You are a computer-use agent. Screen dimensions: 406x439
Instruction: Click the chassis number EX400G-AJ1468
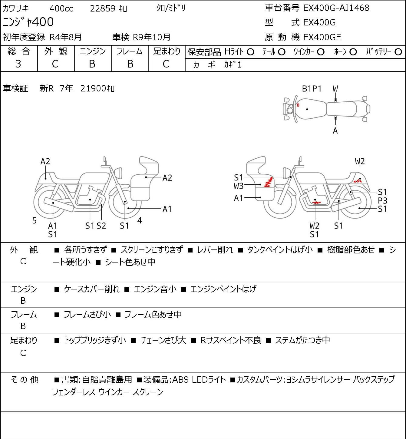click(x=336, y=8)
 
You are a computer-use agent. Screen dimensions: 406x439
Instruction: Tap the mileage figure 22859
click(x=103, y=8)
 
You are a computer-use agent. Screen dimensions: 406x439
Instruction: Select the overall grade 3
click(x=18, y=64)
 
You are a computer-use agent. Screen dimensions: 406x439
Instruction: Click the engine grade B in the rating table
click(x=92, y=64)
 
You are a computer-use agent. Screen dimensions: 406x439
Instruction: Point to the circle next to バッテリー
click(x=398, y=52)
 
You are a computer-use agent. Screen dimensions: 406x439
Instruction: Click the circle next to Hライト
click(x=250, y=52)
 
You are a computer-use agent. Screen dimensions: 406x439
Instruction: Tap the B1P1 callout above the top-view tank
click(x=312, y=89)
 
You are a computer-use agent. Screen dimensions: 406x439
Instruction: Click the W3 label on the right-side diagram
click(x=239, y=186)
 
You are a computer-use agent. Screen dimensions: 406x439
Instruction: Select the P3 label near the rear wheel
click(x=382, y=201)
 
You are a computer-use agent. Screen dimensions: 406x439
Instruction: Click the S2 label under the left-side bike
click(x=101, y=226)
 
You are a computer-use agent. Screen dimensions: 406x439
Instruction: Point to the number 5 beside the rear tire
click(x=34, y=221)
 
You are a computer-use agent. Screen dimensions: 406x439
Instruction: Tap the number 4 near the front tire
click(x=140, y=220)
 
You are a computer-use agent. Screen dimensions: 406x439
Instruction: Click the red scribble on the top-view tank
click(x=298, y=105)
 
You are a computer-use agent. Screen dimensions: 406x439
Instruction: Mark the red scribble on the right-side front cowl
click(x=269, y=182)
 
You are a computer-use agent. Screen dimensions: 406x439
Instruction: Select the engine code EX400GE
click(x=322, y=37)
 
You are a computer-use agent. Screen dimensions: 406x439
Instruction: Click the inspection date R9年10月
click(x=151, y=37)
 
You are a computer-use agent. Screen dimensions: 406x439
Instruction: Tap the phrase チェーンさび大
click(x=163, y=340)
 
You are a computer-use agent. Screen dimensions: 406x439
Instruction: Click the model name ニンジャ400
click(x=28, y=22)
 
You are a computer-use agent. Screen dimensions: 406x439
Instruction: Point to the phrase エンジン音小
click(x=155, y=289)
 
